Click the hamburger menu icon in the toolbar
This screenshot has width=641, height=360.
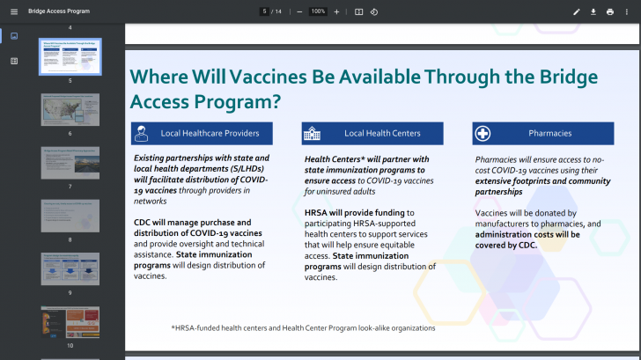point(13,11)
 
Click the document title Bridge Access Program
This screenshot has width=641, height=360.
point(59,11)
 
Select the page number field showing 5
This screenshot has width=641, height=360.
point(264,11)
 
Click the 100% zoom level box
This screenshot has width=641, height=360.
point(318,11)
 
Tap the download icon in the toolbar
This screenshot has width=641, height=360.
point(593,11)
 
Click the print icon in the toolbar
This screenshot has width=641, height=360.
point(610,11)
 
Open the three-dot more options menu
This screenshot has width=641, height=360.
point(628,11)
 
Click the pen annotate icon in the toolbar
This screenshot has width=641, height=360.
point(577,11)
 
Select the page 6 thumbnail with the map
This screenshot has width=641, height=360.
point(70,109)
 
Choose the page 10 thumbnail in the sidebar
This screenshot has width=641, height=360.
point(70,322)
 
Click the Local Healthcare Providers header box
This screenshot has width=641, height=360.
point(201,134)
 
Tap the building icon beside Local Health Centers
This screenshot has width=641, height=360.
point(313,134)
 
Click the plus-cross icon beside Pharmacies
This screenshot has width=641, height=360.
point(483,134)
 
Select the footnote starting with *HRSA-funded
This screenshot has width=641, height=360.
point(303,327)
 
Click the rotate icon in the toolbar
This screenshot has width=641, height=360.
point(374,11)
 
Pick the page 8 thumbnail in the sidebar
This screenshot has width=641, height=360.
point(70,216)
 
